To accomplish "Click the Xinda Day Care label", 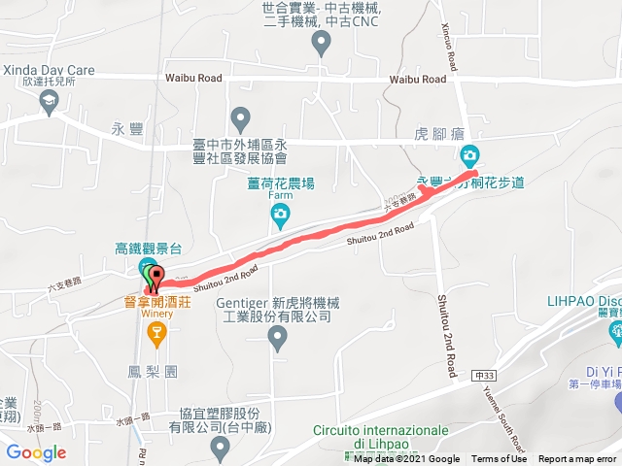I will click(49, 70).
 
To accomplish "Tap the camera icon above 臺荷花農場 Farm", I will click(280, 214).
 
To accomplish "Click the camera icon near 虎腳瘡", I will click(469, 155).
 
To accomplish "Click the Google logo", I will click(36, 452).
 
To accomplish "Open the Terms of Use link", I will click(499, 459).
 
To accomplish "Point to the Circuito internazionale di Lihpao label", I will click(381, 437).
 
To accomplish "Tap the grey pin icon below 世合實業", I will click(321, 45).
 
